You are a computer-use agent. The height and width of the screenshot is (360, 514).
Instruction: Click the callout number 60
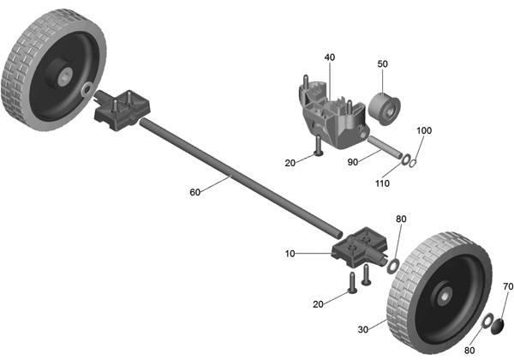pos(195,192)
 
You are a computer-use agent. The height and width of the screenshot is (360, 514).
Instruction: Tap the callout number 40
pos(330,57)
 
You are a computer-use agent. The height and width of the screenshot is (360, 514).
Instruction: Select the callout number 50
pos(383,64)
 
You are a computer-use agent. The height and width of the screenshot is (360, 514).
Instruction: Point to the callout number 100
pos(424,130)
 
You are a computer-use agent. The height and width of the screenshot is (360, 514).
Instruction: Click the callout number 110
pos(382,183)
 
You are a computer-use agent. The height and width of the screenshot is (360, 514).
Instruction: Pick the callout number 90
pos(353,162)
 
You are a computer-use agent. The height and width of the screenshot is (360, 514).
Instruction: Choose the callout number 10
pos(290,254)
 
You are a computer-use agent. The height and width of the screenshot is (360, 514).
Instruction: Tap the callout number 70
pos(508,286)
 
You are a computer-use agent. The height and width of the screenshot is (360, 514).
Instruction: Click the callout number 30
pos(363,329)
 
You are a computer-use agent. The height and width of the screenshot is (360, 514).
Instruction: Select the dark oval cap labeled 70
pos(497,327)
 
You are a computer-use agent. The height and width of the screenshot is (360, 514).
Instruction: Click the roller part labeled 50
pos(384,109)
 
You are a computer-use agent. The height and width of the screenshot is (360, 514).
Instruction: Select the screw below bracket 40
pos(319,146)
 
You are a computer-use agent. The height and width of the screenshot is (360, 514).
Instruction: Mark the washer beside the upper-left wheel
pos(87,90)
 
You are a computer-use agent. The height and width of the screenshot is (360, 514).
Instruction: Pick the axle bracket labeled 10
pos(359,248)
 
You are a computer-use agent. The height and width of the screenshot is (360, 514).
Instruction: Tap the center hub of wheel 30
pos(445,297)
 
